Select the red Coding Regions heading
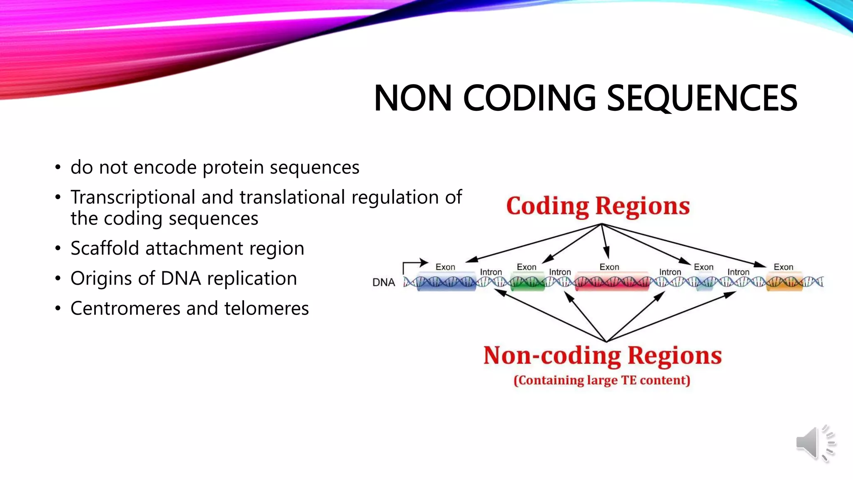click(x=598, y=206)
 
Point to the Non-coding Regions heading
click(x=602, y=356)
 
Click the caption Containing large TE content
click(x=602, y=380)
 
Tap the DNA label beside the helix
click(x=383, y=282)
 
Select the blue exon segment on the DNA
click(x=446, y=282)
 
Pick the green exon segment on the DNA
click(x=527, y=282)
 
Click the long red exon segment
click(x=611, y=282)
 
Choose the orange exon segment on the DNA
click(x=784, y=282)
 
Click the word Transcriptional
click(x=133, y=197)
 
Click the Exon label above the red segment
click(x=609, y=267)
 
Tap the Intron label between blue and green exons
click(x=491, y=272)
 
